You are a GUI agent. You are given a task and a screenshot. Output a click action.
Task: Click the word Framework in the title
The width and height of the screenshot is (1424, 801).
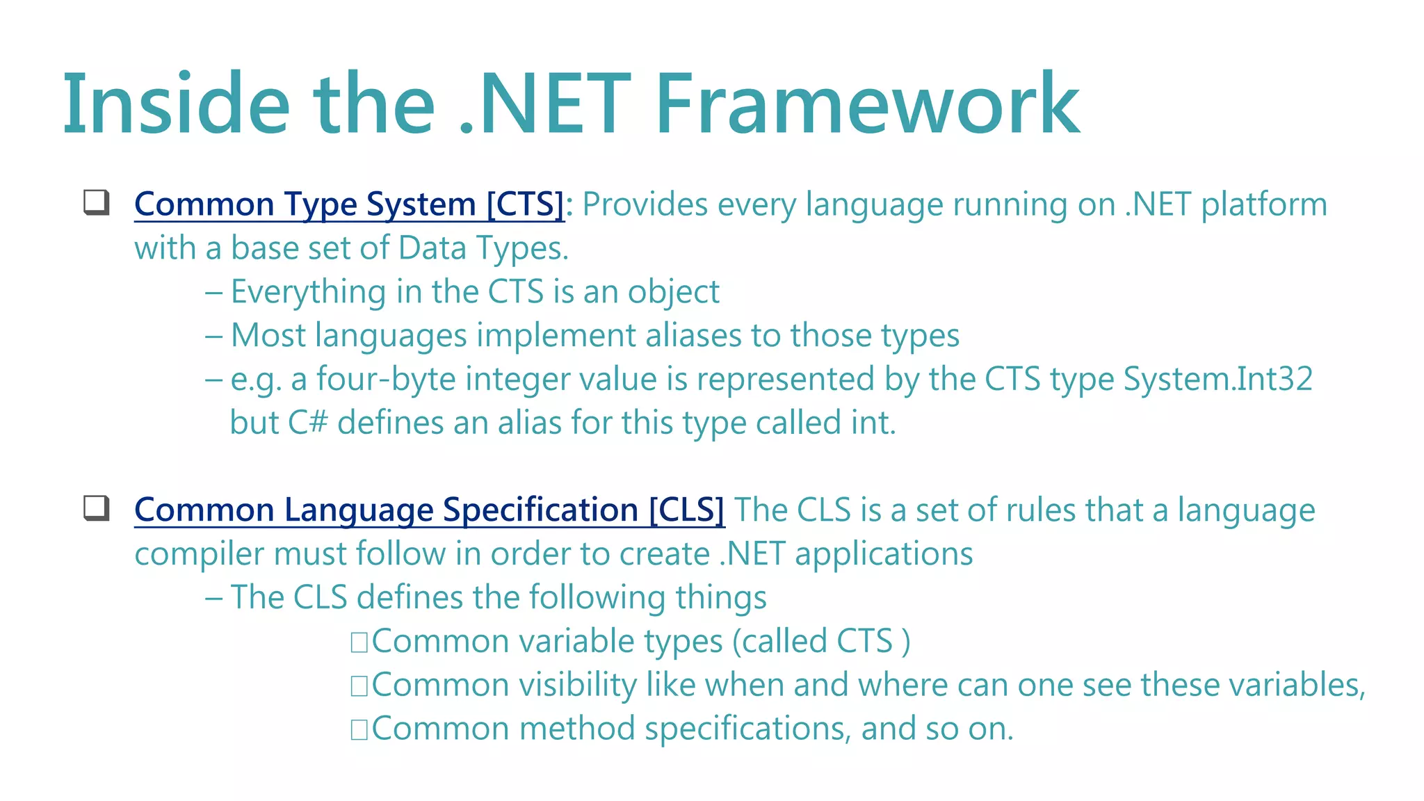(867, 104)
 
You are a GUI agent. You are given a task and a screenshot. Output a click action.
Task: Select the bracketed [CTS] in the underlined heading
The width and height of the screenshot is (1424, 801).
(525, 204)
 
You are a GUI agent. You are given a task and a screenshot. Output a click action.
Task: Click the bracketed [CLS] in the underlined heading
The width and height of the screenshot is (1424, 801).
(686, 510)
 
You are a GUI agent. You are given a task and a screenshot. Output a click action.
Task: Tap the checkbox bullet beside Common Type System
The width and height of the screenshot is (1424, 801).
(97, 202)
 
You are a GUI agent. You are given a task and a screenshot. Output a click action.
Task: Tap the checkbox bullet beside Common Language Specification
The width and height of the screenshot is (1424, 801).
(97, 508)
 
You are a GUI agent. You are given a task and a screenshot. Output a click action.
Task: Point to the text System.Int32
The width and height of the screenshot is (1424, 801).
(1217, 380)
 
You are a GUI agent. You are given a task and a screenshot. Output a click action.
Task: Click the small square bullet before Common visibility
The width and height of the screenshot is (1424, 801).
(359, 686)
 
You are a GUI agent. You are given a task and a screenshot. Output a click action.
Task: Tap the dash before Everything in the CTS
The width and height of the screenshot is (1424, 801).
(213, 293)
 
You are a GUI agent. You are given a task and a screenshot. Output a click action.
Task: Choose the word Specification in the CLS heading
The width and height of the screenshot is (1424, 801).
(540, 510)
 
